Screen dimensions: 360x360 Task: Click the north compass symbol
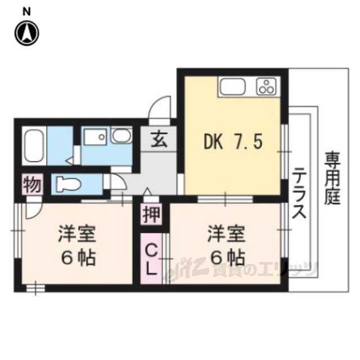click(x=27, y=34)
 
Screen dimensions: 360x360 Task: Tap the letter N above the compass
click(x=27, y=12)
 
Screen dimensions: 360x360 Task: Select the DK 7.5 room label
click(x=233, y=142)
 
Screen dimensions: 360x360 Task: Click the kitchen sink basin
click(x=233, y=87)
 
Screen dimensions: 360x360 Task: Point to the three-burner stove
click(x=266, y=87)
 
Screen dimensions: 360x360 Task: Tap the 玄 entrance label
click(x=159, y=140)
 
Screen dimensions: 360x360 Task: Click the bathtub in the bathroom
click(x=34, y=146)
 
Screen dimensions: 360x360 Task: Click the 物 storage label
click(x=33, y=184)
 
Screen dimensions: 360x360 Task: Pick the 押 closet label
click(x=151, y=215)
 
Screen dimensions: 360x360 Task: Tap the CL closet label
click(x=152, y=259)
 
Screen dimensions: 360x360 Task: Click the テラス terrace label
click(x=299, y=193)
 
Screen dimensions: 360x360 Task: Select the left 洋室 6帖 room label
click(x=77, y=245)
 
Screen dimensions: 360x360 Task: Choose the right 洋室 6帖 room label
click(x=226, y=245)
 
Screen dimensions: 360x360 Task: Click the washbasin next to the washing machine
click(x=95, y=137)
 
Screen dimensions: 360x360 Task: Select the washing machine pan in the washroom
click(x=121, y=135)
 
